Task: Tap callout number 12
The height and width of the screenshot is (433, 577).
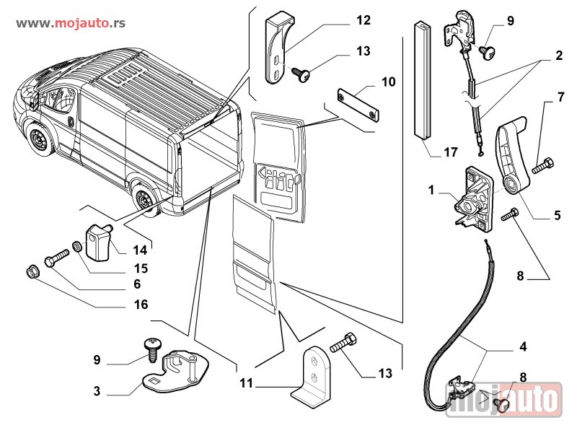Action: tap(363, 20)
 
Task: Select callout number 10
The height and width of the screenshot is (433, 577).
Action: tap(388, 82)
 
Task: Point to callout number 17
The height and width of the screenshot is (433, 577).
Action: tap(451, 152)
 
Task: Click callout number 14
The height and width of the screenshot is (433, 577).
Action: tap(139, 250)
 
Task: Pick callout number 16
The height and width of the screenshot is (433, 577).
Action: tap(141, 305)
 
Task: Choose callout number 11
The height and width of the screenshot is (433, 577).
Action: tap(247, 383)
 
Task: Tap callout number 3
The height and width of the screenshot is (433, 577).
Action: tap(96, 392)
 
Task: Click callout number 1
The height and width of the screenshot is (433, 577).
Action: tap(431, 191)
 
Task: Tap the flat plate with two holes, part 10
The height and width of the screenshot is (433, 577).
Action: tap(358, 106)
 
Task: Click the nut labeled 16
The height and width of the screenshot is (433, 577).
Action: tap(31, 272)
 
